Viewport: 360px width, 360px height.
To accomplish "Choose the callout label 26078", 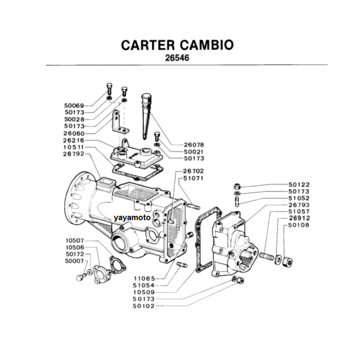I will click(194, 145).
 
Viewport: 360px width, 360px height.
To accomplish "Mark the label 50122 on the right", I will click(299, 184).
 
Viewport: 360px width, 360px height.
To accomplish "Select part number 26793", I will click(299, 205).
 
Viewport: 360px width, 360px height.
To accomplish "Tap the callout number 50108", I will click(299, 225).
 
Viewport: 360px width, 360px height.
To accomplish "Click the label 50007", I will click(75, 261).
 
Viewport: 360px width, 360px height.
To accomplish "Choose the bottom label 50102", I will click(144, 306).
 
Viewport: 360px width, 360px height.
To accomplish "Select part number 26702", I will click(193, 171).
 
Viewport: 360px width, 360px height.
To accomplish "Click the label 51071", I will click(193, 178).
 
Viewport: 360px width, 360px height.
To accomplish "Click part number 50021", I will click(194, 152).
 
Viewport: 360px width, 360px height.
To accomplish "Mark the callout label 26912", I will click(299, 218).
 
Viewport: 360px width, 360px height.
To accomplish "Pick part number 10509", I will click(144, 292).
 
